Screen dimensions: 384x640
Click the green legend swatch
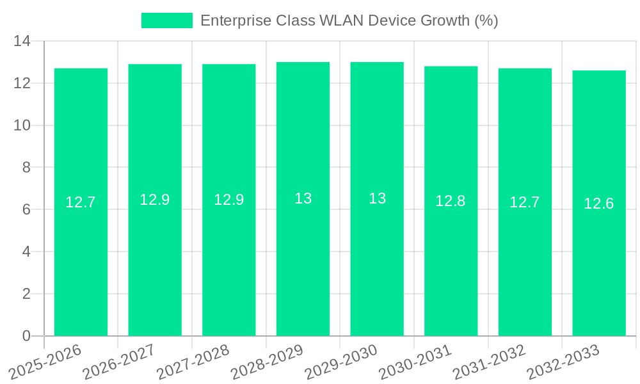(x=166, y=20)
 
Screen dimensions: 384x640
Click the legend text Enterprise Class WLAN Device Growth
(x=349, y=20)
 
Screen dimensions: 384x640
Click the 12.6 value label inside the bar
(x=599, y=204)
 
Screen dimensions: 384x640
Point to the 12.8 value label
(x=451, y=201)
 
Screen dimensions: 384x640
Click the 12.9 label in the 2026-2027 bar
(x=155, y=200)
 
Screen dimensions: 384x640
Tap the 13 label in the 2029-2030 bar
(x=377, y=198)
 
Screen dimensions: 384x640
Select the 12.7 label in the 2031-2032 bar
(x=525, y=202)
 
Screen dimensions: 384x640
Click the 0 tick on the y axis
(x=26, y=336)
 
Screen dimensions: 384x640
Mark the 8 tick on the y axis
(x=26, y=168)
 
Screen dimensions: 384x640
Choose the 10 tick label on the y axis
(x=22, y=125)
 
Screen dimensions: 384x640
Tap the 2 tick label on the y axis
(x=26, y=294)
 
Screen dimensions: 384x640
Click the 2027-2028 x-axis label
(x=193, y=362)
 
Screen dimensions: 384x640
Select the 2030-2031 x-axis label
(x=415, y=362)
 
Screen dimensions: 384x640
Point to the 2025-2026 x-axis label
(x=45, y=362)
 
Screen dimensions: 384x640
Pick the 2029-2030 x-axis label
(x=341, y=362)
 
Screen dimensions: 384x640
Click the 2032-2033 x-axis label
(x=563, y=362)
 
